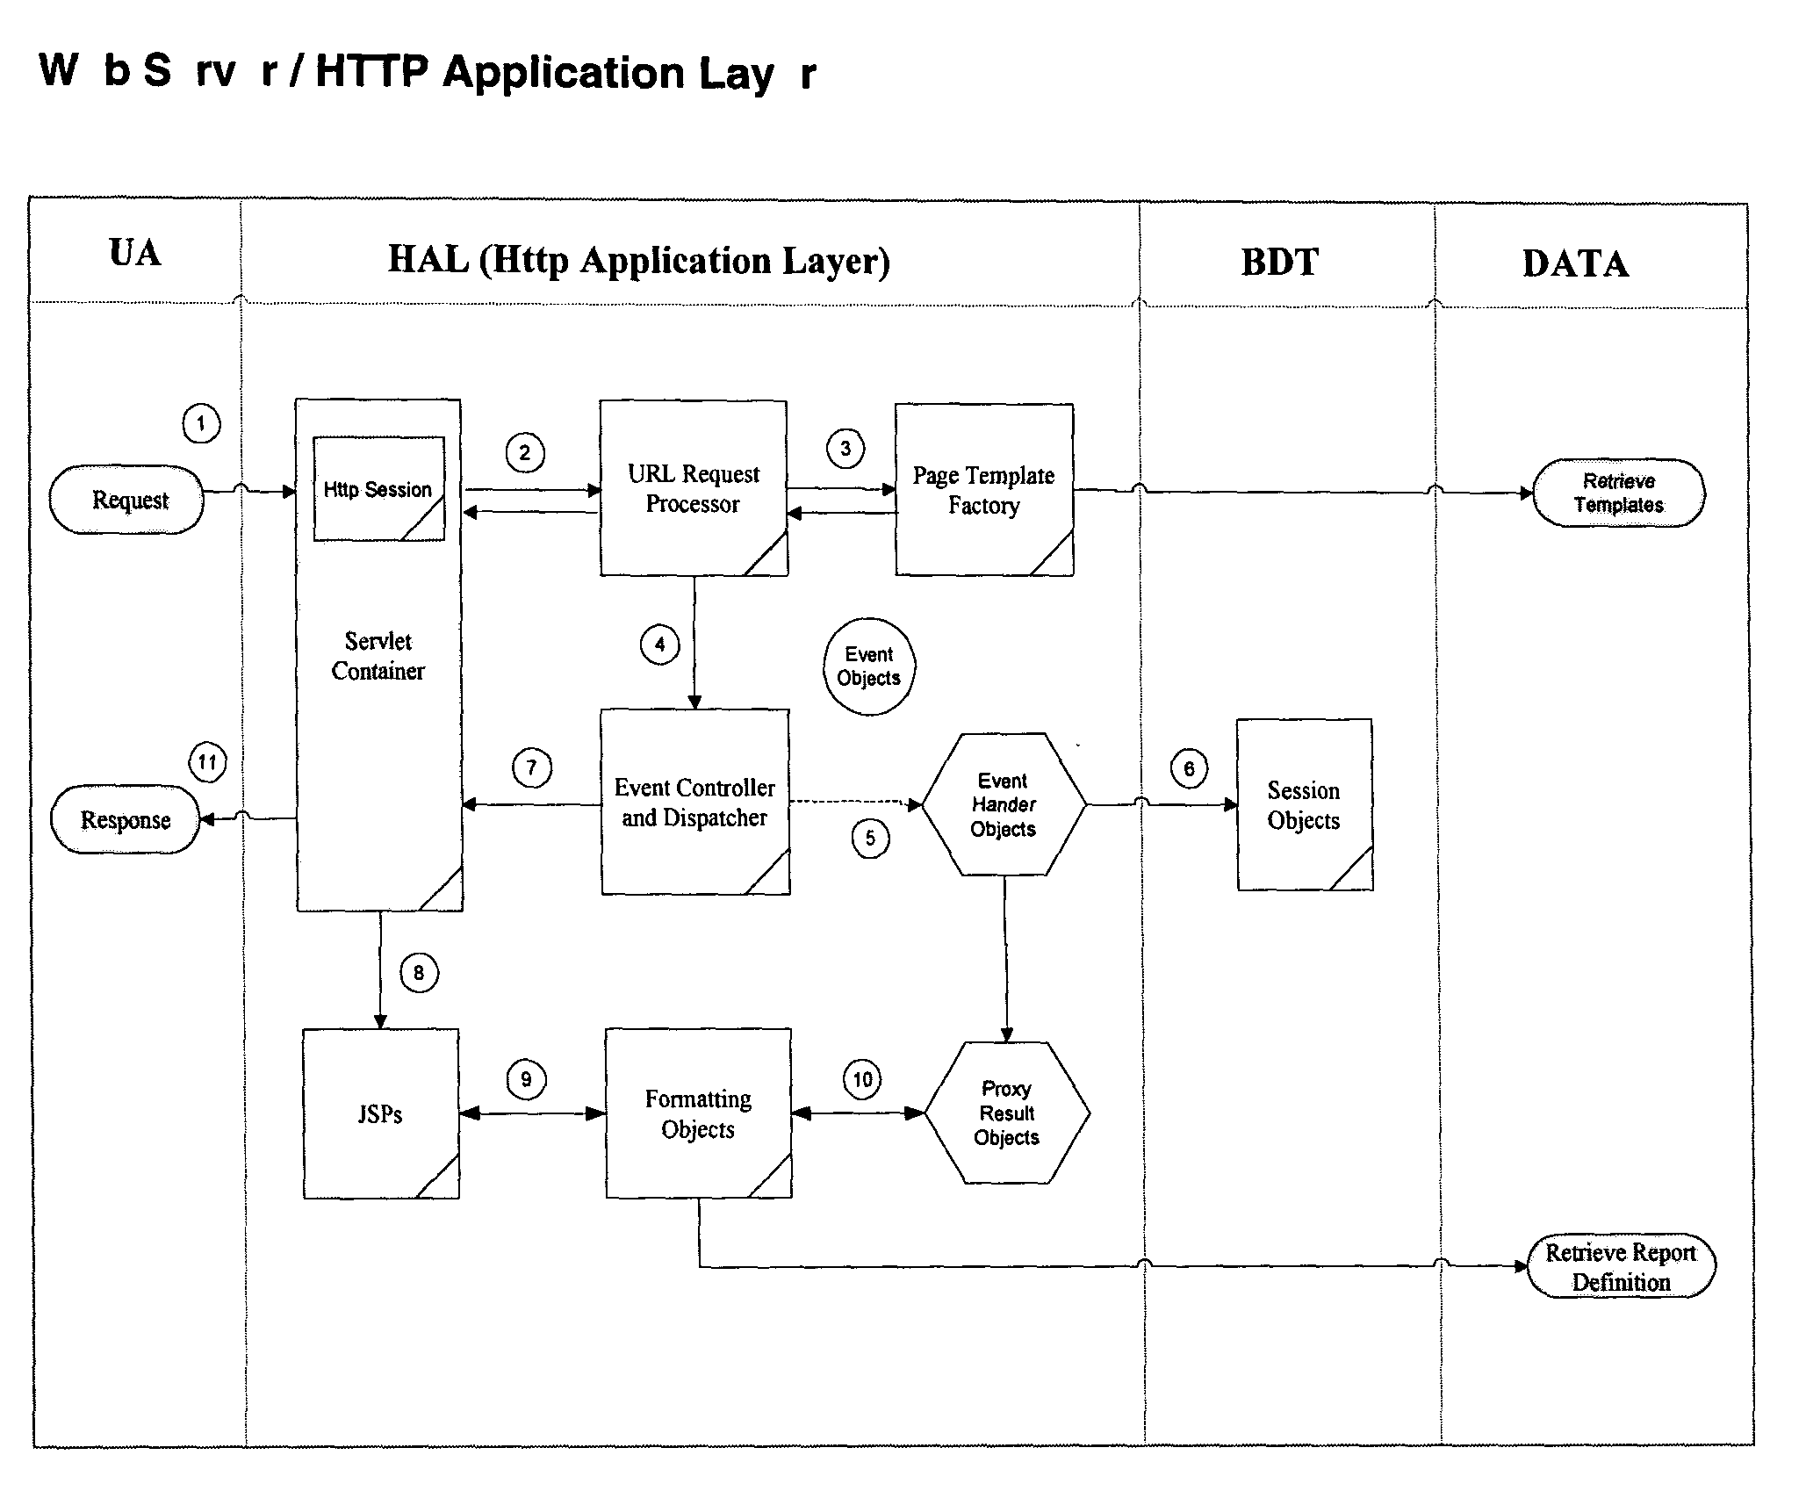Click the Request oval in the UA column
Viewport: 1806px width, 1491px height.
[x=127, y=500]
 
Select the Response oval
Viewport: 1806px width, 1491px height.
[x=126, y=819]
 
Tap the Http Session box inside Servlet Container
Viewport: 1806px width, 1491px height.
[x=378, y=488]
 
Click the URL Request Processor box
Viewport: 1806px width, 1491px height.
[x=694, y=488]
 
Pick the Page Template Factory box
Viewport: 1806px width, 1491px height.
[x=983, y=490]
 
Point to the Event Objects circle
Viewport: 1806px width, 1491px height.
[x=868, y=666]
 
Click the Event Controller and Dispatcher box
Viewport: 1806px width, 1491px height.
[x=694, y=803]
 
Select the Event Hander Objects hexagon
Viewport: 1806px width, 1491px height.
[x=1003, y=804]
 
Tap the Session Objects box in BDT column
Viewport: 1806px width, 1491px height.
[x=1304, y=805]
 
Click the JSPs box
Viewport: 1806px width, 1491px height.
[x=380, y=1113]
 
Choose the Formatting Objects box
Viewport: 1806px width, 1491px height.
[x=698, y=1113]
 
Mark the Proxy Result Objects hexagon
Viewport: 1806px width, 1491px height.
[x=1006, y=1113]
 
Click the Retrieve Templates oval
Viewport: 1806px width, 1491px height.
[x=1618, y=493]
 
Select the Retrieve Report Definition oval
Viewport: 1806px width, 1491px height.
[x=1620, y=1266]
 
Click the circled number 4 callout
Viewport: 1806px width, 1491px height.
[x=659, y=645]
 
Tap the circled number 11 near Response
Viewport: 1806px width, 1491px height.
[x=207, y=761]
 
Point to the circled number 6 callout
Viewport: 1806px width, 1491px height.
[x=1189, y=769]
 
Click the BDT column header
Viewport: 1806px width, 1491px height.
[x=1279, y=263]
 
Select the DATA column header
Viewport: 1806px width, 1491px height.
[x=1575, y=264]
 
